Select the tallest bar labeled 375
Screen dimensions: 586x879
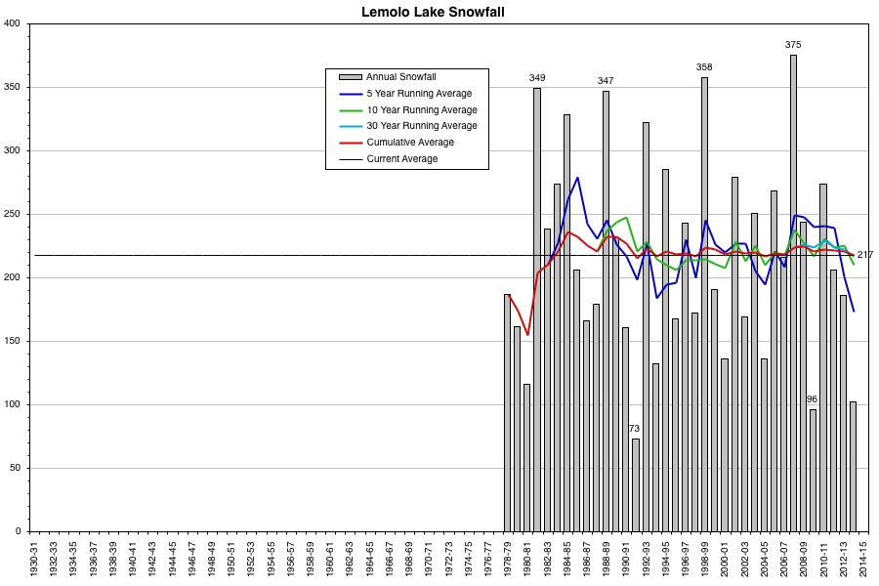point(793,293)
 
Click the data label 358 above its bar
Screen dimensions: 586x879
point(704,67)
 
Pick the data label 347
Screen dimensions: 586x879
point(606,81)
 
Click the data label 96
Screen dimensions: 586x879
point(812,399)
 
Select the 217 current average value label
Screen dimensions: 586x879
point(865,255)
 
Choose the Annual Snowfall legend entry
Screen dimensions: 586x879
point(400,77)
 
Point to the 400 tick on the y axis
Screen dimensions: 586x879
point(14,23)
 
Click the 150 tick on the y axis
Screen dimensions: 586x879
point(14,341)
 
